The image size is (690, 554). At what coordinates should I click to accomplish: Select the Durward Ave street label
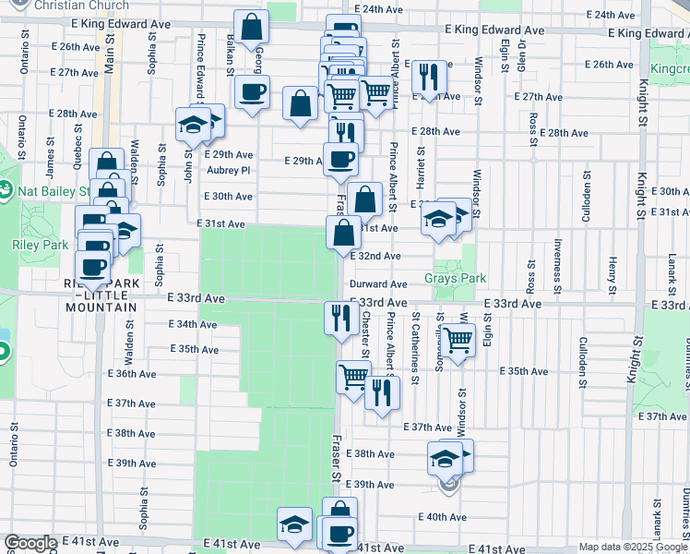coord(377,285)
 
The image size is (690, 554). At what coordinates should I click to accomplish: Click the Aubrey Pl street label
coord(228,170)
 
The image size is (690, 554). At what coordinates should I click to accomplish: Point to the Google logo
coord(31,543)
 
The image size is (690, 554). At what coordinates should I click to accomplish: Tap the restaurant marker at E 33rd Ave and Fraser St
coord(341,319)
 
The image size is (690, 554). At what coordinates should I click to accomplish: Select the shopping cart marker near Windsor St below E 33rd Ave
coord(458,340)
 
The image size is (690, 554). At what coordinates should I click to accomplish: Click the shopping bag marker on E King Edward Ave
coord(251,27)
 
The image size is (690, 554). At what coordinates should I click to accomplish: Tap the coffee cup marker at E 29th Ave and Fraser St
coord(340,158)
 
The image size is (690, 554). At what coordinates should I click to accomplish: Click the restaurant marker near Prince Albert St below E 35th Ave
coord(381,392)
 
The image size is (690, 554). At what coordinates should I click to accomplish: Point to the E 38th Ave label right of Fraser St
coord(374,454)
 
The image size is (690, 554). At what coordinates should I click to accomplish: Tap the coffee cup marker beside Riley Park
coord(92,266)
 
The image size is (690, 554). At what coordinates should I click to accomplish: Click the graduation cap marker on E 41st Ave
coord(294,524)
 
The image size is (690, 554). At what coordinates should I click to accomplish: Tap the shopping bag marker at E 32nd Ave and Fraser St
coord(343,232)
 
